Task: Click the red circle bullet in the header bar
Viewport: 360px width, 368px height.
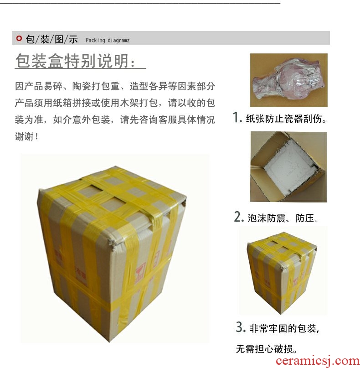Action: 19,38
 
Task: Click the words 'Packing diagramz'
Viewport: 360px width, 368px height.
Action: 108,40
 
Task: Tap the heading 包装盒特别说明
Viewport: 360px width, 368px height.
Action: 75,61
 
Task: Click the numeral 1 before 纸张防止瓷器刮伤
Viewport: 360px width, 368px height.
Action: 237,117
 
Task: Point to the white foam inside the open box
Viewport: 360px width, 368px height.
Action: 290,166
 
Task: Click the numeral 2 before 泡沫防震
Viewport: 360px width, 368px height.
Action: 239,217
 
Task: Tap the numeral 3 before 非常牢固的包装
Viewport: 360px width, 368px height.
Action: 241,327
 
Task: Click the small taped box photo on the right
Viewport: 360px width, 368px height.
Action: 282,272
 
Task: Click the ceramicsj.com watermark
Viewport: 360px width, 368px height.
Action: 318,361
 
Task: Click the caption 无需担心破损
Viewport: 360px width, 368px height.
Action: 267,349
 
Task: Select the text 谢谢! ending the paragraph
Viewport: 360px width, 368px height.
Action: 26,136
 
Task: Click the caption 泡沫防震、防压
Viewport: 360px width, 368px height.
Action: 283,218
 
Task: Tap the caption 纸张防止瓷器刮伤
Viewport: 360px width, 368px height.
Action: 286,119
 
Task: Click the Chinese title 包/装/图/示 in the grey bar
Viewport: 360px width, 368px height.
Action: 51,39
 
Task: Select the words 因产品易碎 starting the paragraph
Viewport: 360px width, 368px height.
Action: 39,86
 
